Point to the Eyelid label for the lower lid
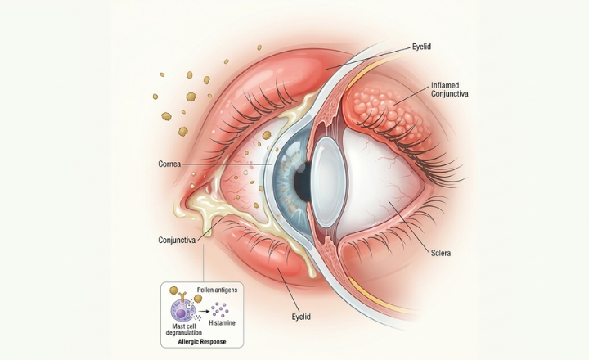[x=303, y=315]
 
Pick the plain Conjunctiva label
[x=181, y=240]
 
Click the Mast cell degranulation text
[x=181, y=330]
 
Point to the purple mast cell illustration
[x=182, y=310]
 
